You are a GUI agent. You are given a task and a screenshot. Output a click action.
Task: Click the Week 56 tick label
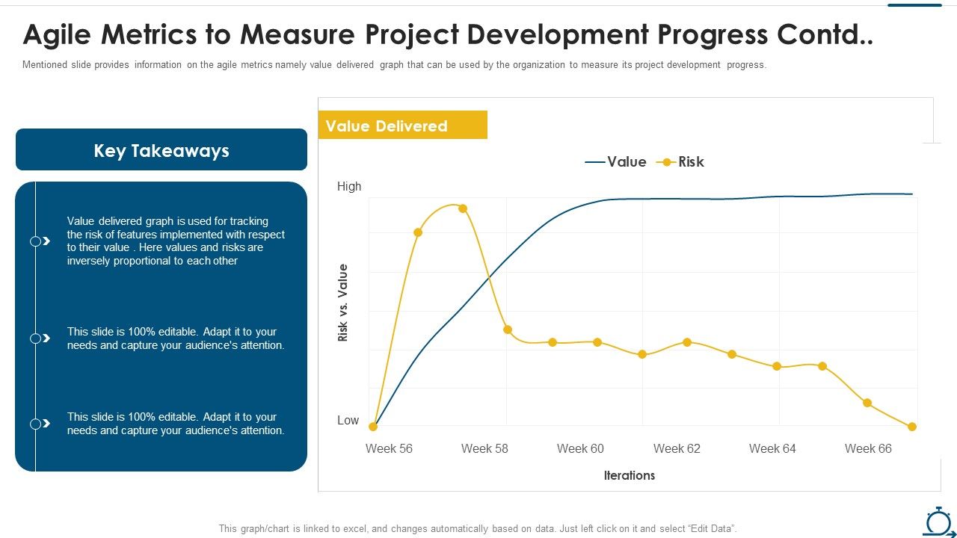[x=389, y=448]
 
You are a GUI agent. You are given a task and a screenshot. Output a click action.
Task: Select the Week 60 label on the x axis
[x=580, y=448]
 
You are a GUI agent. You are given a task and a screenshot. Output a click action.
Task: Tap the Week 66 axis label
[x=868, y=448]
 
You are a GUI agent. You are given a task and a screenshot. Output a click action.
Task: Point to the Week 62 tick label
[x=677, y=448]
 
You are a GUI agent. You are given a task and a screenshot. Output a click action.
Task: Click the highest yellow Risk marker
[x=463, y=208]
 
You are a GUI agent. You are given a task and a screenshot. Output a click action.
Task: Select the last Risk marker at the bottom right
[x=912, y=427]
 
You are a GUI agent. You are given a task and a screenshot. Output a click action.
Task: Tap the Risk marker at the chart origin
[x=373, y=427]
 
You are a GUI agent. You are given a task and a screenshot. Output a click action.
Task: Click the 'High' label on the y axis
[x=349, y=187]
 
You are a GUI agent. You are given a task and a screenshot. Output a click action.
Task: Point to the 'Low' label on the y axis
[x=348, y=421]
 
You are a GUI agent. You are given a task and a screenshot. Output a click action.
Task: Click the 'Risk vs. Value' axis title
[x=343, y=303]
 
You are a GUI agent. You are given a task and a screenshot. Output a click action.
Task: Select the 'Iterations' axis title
[x=630, y=475]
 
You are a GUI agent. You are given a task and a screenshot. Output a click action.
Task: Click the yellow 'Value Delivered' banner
[x=403, y=126]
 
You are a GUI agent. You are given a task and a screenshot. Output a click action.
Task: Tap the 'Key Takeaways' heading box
[x=161, y=150]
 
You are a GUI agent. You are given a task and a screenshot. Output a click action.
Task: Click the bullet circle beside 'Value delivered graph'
[x=35, y=241]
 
